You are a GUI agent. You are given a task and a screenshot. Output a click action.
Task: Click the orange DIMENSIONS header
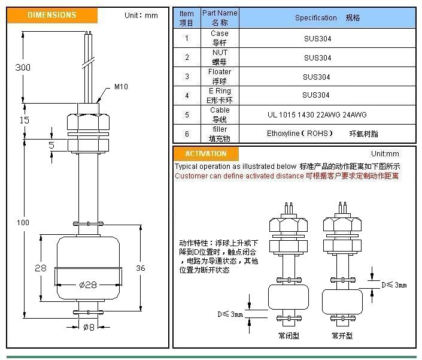coord(52,15)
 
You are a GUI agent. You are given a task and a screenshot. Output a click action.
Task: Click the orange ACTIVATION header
coord(206,154)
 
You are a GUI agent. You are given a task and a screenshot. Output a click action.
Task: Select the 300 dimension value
coord(22,68)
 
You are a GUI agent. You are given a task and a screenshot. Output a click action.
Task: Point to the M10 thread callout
coord(121,87)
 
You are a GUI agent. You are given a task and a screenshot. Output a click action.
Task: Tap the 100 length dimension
coord(23,223)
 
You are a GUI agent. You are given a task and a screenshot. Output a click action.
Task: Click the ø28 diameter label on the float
coord(89,285)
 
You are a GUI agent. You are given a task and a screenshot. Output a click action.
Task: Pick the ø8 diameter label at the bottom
coord(89,326)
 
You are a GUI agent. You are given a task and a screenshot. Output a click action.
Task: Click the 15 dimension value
coord(24,120)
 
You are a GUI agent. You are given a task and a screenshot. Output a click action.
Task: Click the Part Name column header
coord(220,17)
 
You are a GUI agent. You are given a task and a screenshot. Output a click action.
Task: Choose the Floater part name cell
coord(220,76)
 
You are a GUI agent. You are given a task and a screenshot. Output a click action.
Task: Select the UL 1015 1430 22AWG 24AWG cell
coord(317,114)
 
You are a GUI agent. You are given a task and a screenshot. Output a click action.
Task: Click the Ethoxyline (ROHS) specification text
coord(300,134)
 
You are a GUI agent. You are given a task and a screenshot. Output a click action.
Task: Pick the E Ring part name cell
coord(220,95)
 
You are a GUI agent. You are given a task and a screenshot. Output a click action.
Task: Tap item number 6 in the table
coord(187,134)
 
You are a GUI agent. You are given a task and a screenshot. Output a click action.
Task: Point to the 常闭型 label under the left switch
coord(290,335)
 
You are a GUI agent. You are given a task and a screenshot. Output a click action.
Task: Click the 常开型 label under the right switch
coord(343,335)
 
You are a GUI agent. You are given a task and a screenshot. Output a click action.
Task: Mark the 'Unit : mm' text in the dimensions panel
coord(141,15)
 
